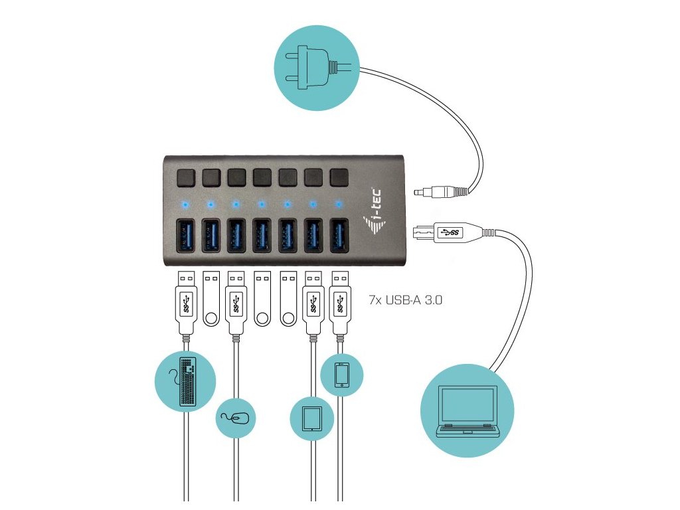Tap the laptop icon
click(467, 411)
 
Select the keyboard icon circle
click(185, 381)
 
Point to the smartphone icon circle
click(341, 375)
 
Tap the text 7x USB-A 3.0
click(406, 300)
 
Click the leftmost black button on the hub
click(185, 177)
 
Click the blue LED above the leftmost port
click(185, 203)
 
